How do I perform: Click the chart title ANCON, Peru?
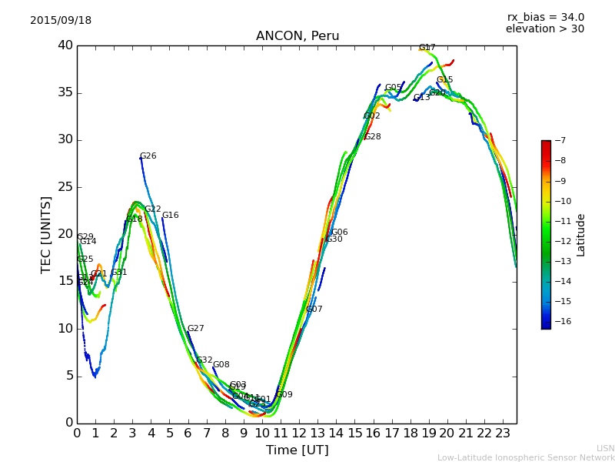click(x=298, y=36)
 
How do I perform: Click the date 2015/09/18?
click(x=61, y=21)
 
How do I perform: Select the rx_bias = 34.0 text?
click(x=545, y=17)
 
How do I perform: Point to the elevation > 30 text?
click(x=545, y=29)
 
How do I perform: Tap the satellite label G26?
click(x=148, y=156)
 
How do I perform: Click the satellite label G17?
click(x=427, y=48)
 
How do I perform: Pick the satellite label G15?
click(x=445, y=80)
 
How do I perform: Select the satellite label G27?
click(x=196, y=329)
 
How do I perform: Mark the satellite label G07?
click(x=314, y=310)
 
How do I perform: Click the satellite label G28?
click(x=373, y=137)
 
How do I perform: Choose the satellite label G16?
click(x=171, y=216)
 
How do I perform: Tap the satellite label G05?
click(x=394, y=88)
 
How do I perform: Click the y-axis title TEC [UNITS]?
click(x=47, y=234)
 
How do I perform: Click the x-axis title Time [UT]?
click(x=298, y=450)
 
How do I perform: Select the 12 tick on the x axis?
click(x=299, y=433)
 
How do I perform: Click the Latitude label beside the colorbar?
click(x=581, y=234)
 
